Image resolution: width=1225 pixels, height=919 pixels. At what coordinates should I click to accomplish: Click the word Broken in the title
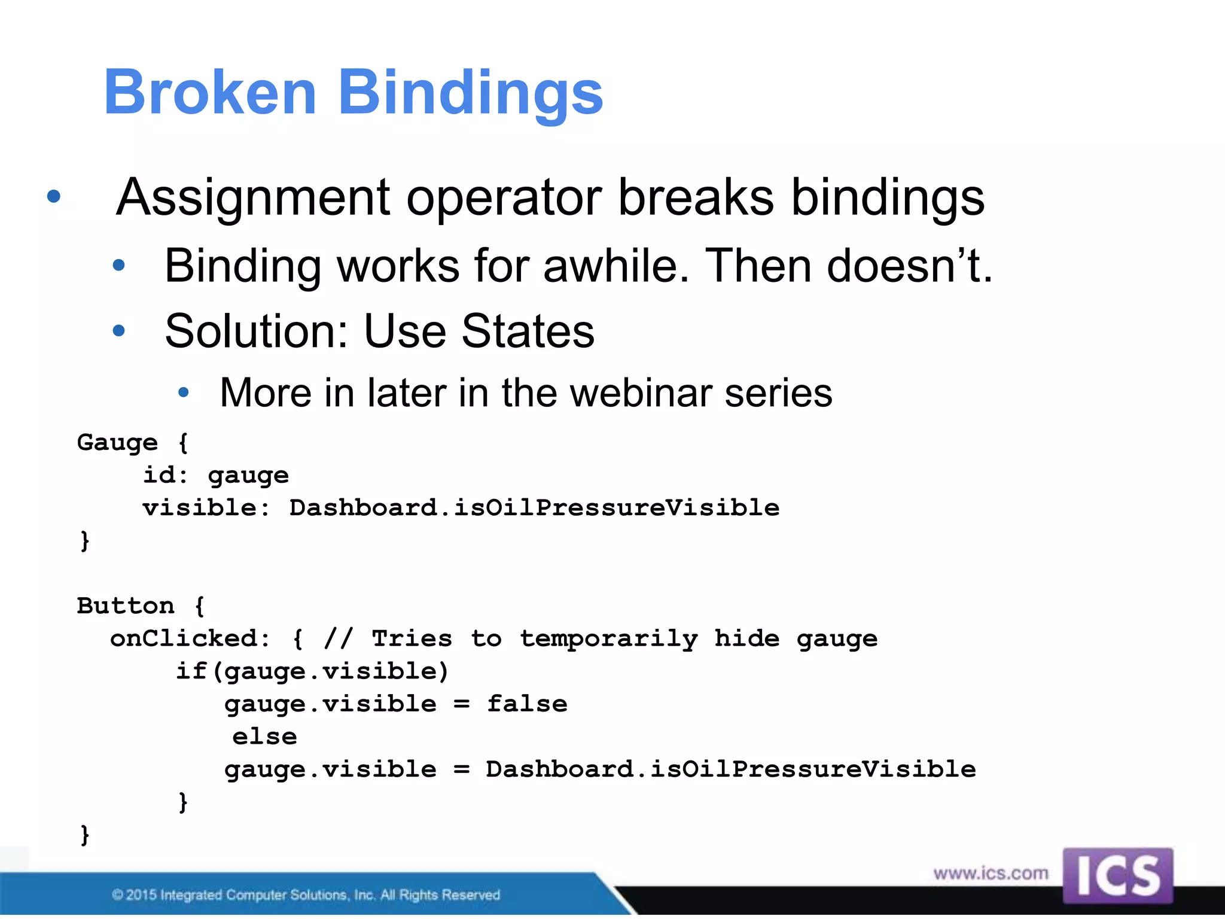point(209,92)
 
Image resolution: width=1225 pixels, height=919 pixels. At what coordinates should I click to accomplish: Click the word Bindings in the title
point(471,93)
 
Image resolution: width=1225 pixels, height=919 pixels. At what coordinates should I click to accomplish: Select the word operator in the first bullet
point(504,198)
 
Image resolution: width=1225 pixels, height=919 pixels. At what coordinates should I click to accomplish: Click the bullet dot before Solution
point(119,330)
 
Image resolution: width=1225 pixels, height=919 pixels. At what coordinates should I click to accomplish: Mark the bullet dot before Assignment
point(54,196)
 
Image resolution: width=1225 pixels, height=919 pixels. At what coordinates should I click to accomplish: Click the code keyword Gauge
point(117,443)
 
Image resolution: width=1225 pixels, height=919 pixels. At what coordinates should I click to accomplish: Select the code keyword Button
point(126,606)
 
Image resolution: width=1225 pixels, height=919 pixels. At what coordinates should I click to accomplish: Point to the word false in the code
point(527,704)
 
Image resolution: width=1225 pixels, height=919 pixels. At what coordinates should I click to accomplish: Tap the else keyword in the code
point(264,737)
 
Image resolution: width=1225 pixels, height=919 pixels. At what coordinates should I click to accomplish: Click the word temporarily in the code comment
point(608,639)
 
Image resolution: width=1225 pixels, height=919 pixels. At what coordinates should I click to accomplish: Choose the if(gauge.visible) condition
point(312,672)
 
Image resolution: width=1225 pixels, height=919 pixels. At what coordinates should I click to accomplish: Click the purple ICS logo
point(1117,875)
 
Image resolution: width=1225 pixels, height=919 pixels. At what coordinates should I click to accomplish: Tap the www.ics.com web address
point(991,874)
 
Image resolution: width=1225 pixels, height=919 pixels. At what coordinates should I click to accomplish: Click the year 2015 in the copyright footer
point(142,895)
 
